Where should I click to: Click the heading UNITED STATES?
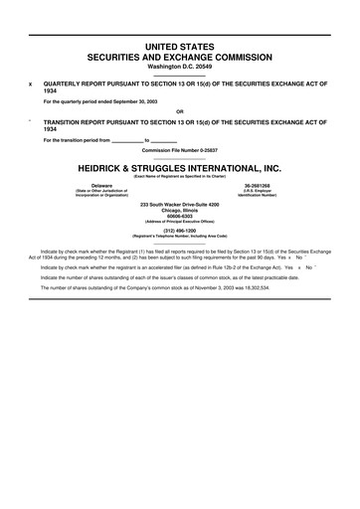click(x=179, y=47)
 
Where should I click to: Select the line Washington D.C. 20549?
click(x=179, y=67)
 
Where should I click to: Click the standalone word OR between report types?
click(x=179, y=110)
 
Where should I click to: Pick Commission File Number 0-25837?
click(x=179, y=149)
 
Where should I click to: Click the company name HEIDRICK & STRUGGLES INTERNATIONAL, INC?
click(x=179, y=169)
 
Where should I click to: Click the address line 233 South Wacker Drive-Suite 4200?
click(x=179, y=205)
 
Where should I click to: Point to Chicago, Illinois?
click(x=179, y=211)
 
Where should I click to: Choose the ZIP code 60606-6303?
click(x=179, y=217)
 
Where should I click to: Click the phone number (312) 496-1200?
click(x=179, y=233)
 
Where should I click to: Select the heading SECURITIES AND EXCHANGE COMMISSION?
click(x=179, y=58)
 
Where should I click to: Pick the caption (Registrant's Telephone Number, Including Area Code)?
click(x=179, y=239)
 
